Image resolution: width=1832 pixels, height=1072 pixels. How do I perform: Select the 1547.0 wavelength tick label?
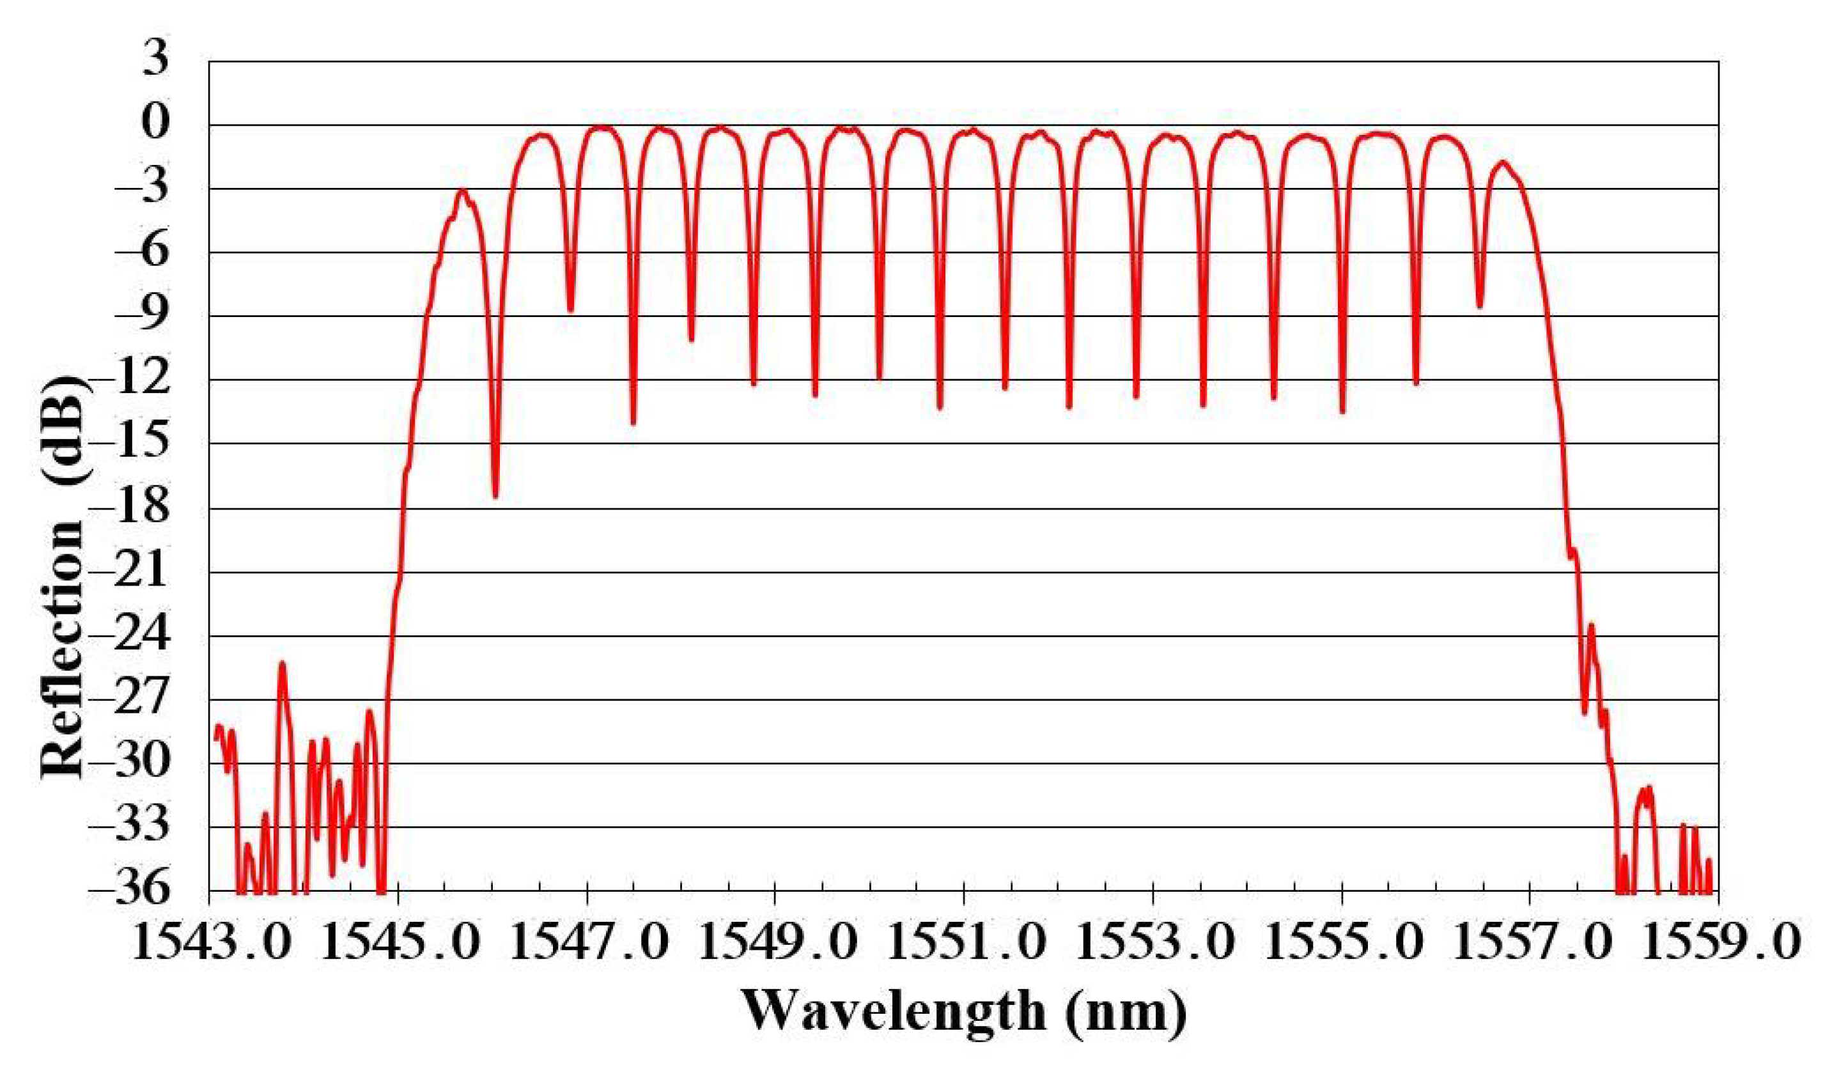point(588,945)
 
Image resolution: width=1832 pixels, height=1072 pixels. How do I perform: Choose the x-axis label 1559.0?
point(1719,945)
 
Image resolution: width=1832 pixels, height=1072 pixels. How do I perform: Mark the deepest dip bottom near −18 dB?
point(496,495)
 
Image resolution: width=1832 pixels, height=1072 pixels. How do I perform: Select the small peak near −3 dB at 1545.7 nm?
point(462,190)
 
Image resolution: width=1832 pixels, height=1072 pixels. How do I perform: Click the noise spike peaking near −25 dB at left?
point(282,664)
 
